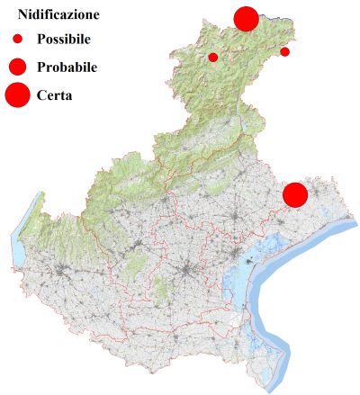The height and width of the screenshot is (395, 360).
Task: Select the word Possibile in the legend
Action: [x=64, y=40]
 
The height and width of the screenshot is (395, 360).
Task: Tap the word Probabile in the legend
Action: [x=67, y=67]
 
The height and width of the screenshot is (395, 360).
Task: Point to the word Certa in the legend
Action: [x=55, y=94]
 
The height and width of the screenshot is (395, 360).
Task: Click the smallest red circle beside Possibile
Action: [x=17, y=40]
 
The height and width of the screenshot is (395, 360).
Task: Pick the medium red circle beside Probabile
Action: [x=17, y=67]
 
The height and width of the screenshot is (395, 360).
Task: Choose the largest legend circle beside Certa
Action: [x=17, y=94]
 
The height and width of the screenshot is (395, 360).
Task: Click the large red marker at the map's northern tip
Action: [x=246, y=18]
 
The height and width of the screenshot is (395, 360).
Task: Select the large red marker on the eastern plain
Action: [x=295, y=194]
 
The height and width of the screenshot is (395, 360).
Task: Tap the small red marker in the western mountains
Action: [x=213, y=58]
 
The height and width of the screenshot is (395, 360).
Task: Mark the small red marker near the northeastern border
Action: [x=285, y=51]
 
